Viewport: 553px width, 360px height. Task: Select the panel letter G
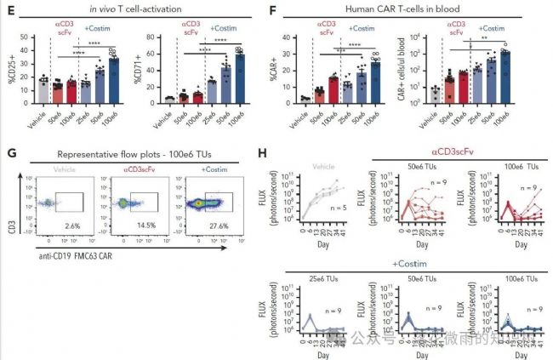click(9, 154)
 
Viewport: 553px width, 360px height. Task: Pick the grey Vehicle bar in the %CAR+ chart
click(305, 100)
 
